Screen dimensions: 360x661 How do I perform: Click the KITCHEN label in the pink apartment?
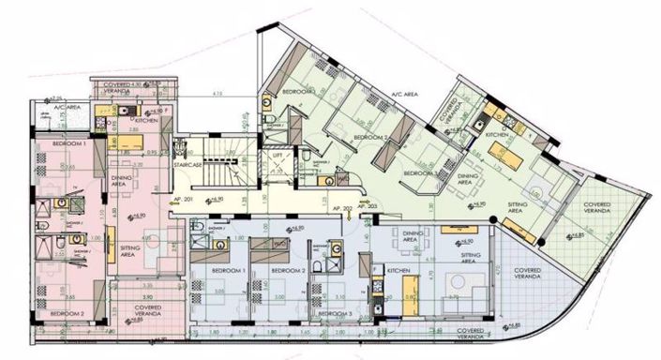tap(144, 122)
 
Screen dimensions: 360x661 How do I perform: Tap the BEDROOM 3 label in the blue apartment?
tap(334, 313)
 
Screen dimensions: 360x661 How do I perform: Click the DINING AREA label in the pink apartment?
tap(147, 180)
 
